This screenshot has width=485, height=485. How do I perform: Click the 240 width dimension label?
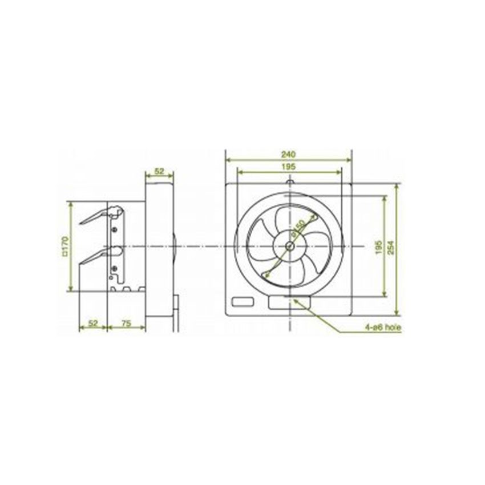coord(289,153)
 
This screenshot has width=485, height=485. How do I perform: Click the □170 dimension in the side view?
coord(64,246)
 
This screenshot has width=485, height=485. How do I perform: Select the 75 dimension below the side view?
coord(127,323)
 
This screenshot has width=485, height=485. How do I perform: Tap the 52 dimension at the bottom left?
coord(94,323)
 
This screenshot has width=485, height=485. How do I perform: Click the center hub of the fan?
coord(290,246)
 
